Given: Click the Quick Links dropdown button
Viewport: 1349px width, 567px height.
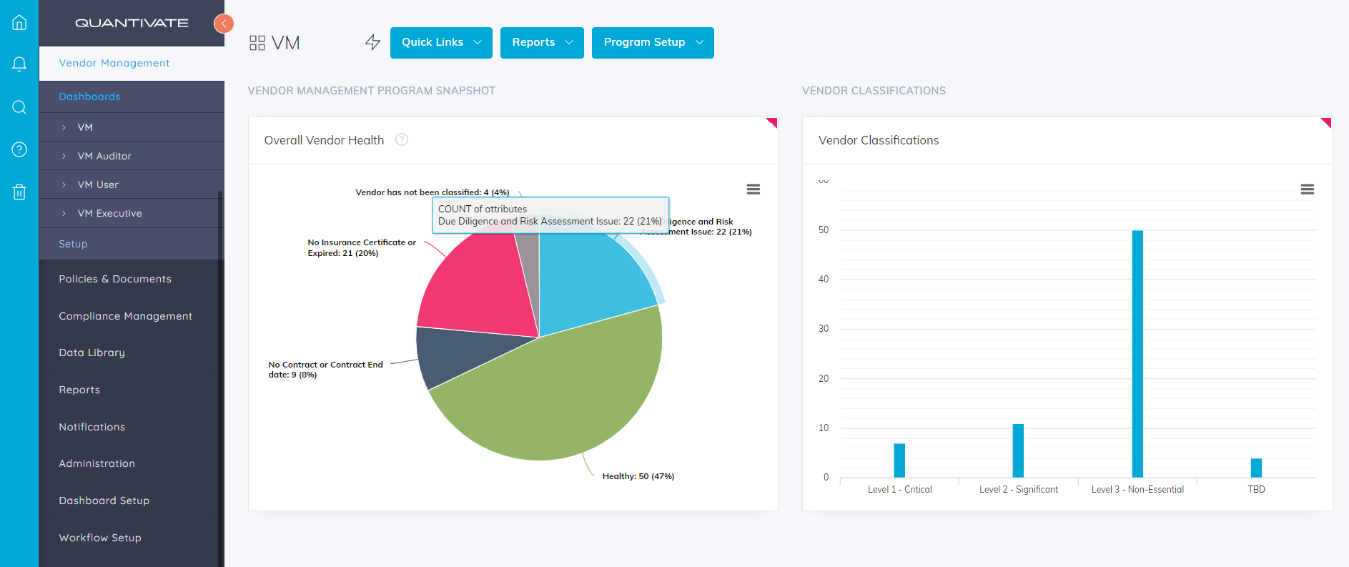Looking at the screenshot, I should [x=440, y=43].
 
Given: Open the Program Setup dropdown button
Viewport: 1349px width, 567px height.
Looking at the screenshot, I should [x=652, y=43].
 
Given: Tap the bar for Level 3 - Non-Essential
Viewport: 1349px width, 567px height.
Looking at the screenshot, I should [x=1137, y=354].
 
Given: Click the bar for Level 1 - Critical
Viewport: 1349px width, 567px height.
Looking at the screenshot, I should [x=899, y=460].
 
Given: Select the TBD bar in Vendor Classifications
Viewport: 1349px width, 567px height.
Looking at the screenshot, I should [x=1256, y=468].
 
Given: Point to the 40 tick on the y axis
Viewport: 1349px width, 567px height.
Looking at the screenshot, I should [x=824, y=280].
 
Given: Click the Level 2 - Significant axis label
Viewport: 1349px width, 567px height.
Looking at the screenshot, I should [x=1019, y=490].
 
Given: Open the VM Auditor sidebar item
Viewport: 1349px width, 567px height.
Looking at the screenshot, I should [x=104, y=156].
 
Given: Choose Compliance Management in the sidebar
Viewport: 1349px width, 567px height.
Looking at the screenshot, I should [x=125, y=316].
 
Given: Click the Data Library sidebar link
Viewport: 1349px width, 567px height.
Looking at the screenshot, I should [x=92, y=352].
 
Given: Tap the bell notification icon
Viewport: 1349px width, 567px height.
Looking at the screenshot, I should [x=19, y=64].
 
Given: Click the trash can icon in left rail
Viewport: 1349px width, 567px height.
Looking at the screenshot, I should [x=19, y=192].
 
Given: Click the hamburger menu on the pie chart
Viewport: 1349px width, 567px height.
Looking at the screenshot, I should [x=753, y=189].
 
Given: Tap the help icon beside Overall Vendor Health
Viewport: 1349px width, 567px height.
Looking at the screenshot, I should [x=402, y=140].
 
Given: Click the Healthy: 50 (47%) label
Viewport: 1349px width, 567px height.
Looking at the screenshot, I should [x=638, y=476].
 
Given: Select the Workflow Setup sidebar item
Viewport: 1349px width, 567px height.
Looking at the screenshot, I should [x=100, y=538].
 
